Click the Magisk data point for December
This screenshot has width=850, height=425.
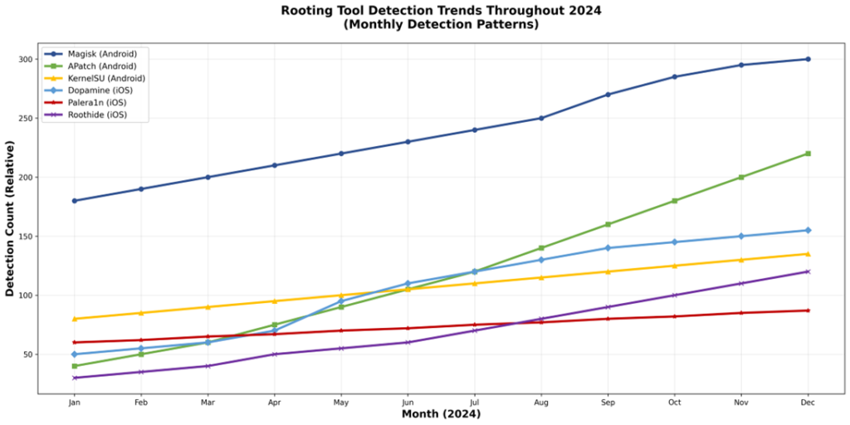coord(808,59)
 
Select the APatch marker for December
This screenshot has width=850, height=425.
coord(808,154)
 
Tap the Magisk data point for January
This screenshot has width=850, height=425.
coord(75,201)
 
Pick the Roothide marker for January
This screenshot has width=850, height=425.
coord(75,378)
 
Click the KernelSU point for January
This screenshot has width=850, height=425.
coord(75,319)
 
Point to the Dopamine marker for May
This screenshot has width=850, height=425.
coord(341,301)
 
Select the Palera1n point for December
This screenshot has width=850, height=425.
coord(808,310)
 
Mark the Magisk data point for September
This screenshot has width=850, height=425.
coord(608,95)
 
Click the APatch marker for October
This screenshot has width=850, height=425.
coord(674,201)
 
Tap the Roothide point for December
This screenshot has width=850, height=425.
coord(808,271)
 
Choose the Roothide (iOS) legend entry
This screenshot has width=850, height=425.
coord(97,115)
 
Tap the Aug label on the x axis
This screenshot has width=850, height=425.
coord(541,403)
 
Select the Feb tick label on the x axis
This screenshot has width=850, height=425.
coord(141,403)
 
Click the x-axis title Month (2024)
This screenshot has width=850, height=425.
coord(441,414)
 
